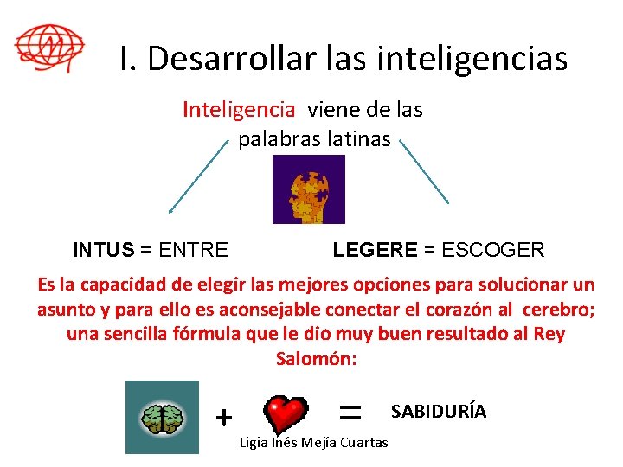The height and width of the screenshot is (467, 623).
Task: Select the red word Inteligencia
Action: [x=239, y=110]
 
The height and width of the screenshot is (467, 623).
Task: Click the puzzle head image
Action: [x=308, y=189]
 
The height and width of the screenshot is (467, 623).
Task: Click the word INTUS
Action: [x=104, y=251]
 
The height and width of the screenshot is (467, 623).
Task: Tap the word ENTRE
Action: [x=194, y=251]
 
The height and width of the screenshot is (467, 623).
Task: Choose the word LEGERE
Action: [x=375, y=251]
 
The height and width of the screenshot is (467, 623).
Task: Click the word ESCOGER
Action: [x=492, y=251]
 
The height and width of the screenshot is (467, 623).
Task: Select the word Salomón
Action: [x=315, y=358]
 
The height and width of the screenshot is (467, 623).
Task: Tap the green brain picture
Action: [x=162, y=417]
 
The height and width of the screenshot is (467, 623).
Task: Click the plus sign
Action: [x=224, y=418]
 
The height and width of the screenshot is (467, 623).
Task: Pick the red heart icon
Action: [x=286, y=416]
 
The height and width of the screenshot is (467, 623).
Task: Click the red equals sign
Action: [x=350, y=413]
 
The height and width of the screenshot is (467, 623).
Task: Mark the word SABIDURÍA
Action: [x=439, y=412]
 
